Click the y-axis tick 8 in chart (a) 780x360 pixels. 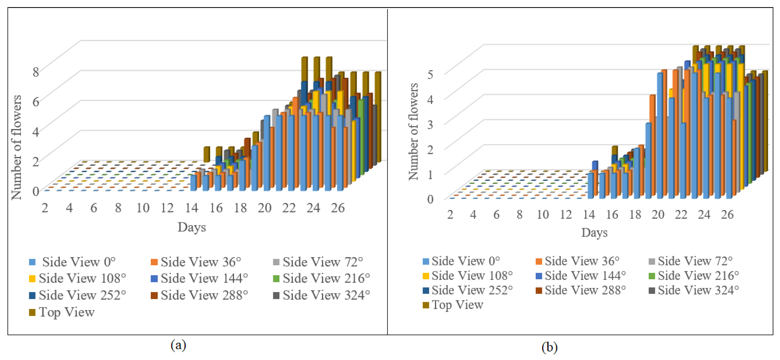[x=36, y=72]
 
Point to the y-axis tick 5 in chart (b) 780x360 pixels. [x=430, y=74]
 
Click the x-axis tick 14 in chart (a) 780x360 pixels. [x=191, y=208]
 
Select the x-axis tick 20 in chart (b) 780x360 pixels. [x=658, y=215]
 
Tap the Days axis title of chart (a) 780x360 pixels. [x=191, y=227]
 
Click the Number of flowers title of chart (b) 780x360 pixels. [x=413, y=132]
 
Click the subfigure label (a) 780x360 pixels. [x=178, y=345]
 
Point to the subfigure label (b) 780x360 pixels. [x=549, y=347]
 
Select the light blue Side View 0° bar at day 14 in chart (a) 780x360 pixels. [x=193, y=183]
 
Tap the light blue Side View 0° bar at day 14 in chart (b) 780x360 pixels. [x=590, y=186]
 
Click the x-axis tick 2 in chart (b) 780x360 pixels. [x=450, y=215]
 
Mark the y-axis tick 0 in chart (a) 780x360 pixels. [x=36, y=192]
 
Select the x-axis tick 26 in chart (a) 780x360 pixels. [x=338, y=208]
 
